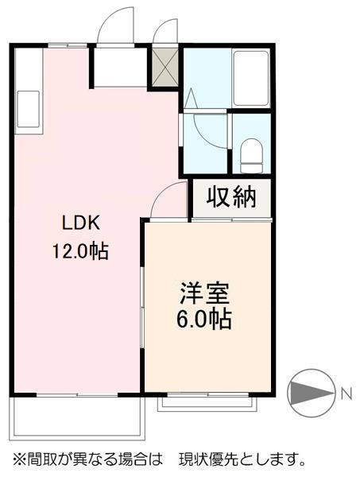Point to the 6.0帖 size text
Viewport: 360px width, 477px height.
(x=204, y=320)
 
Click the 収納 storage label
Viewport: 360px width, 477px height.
(x=231, y=197)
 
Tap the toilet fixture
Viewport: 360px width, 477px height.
(x=252, y=153)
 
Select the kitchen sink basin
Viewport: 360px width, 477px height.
(x=26, y=107)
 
